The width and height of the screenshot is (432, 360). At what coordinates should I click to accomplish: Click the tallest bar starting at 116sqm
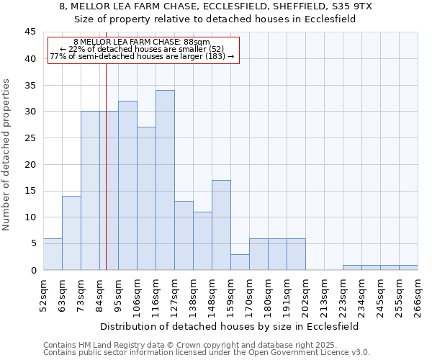pyautogui.click(x=165, y=180)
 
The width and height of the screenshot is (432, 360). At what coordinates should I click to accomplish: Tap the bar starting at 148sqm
pyautogui.click(x=221, y=225)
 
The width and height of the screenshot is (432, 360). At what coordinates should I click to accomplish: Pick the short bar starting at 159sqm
pyautogui.click(x=240, y=262)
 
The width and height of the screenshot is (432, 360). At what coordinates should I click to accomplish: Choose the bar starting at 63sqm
pyautogui.click(x=71, y=233)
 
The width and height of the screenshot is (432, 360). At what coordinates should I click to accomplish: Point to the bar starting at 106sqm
pyautogui.click(x=146, y=199)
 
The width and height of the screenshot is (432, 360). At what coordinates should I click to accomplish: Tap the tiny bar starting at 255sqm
pyautogui.click(x=408, y=267)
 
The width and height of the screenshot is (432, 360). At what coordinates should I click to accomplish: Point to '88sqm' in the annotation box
pyautogui.click(x=196, y=42)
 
